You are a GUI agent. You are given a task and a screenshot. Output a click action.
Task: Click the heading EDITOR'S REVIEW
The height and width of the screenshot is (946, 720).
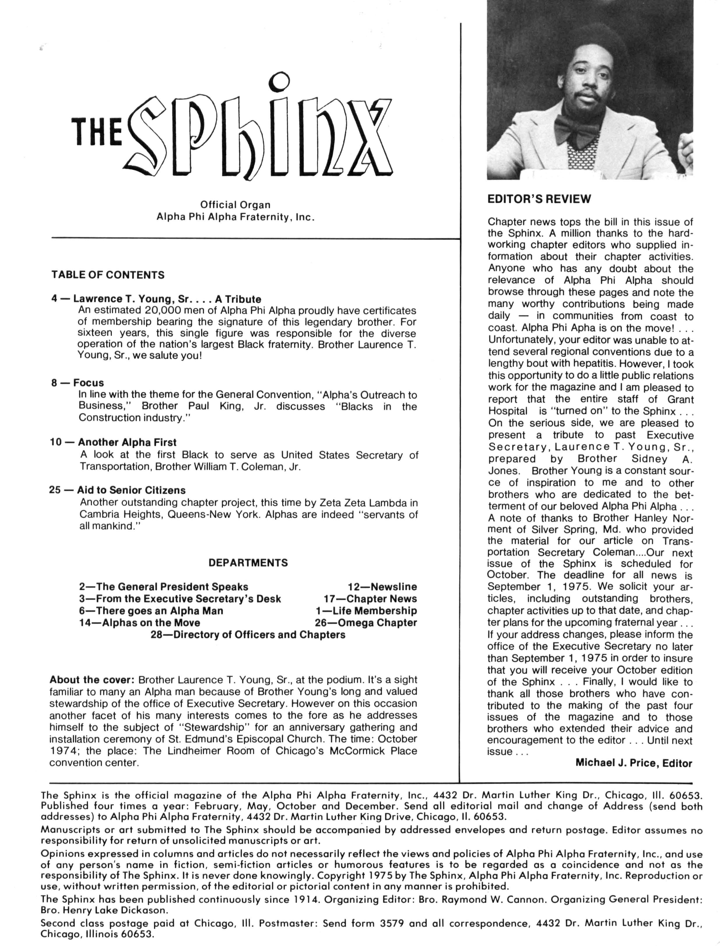click(539, 199)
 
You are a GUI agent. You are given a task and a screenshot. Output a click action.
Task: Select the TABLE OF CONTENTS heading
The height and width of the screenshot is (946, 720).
click(108, 275)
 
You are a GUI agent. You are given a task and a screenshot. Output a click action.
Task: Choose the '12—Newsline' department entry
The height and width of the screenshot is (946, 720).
click(382, 587)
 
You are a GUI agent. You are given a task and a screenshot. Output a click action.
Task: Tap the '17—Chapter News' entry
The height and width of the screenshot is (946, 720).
click(370, 599)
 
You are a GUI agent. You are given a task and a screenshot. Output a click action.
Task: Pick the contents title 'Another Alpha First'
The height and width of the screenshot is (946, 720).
click(127, 442)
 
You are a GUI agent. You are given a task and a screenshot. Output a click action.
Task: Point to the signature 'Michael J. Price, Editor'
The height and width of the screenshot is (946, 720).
click(633, 763)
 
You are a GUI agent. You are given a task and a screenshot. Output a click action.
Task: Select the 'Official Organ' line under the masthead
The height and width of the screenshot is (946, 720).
click(235, 205)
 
